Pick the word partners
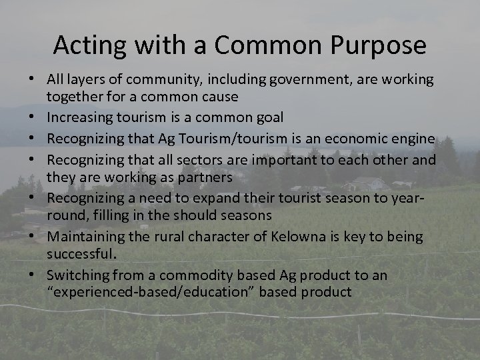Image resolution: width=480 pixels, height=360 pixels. tap(203, 177)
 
